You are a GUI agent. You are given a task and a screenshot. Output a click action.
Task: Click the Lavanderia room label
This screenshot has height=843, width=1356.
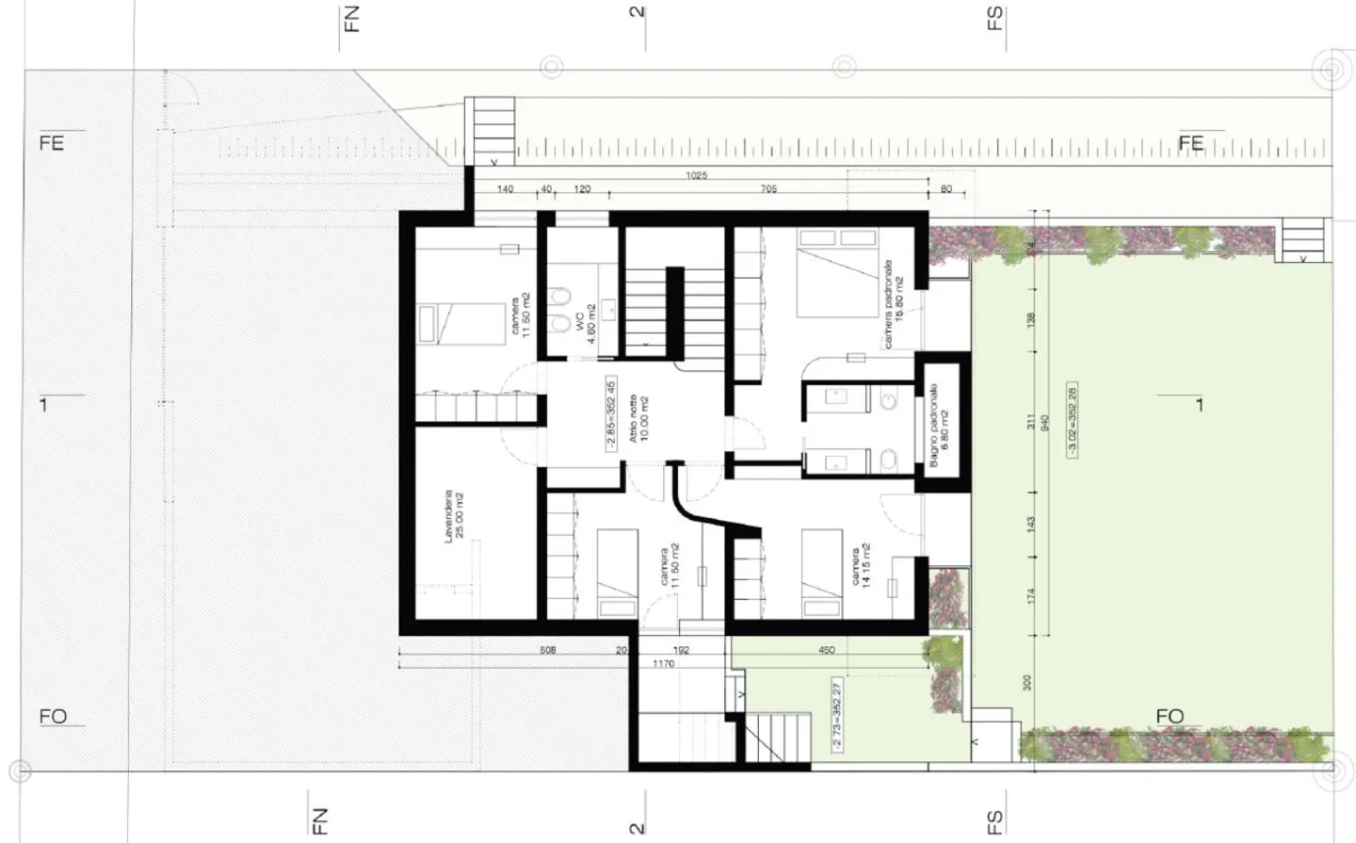coord(455,512)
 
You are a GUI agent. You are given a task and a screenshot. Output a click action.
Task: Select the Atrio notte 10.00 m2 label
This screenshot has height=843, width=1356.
coord(638,418)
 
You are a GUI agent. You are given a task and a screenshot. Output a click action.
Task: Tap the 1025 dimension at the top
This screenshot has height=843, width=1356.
coord(697,175)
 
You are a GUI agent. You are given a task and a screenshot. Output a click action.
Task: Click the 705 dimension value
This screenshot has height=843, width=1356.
coord(768,189)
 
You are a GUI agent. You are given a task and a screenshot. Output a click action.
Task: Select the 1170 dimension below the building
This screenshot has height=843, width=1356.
coord(664,664)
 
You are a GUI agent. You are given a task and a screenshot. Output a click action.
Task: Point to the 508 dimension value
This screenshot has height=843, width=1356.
coord(547,650)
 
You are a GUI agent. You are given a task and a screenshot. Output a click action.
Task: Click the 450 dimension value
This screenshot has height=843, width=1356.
coord(826,650)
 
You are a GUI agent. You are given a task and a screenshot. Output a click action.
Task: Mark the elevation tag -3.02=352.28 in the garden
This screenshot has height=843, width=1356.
coord(1073,420)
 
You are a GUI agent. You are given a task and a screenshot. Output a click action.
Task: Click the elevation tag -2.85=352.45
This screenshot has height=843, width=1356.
coord(611,415)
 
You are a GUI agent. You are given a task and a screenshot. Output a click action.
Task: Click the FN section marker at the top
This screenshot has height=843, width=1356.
coord(351,18)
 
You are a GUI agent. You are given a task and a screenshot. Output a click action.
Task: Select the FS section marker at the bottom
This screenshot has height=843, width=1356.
coord(995,822)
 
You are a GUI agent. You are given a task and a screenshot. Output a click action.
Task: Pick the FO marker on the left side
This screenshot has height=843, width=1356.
coord(53,717)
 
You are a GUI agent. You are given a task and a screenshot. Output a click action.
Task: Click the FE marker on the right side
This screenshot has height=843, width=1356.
coord(1191,143)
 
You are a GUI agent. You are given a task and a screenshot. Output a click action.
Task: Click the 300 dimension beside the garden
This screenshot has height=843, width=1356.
coord(1027,681)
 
